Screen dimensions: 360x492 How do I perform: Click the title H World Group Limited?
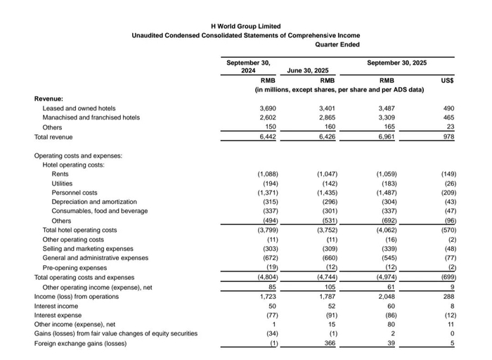(245, 26)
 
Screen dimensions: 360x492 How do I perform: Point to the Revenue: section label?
(48, 99)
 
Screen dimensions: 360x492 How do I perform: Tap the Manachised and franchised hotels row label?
(91, 118)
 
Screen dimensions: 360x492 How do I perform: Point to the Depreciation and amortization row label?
(94, 202)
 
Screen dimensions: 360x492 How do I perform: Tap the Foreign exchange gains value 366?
(327, 343)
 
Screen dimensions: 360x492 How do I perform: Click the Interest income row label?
(56, 307)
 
